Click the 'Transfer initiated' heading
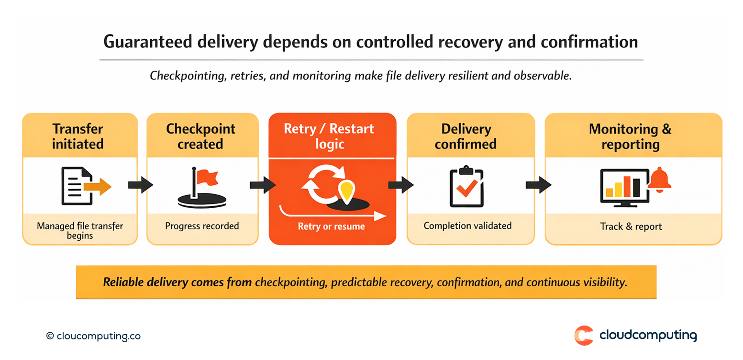click(78, 136)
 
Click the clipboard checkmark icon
click(466, 186)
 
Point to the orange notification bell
click(660, 180)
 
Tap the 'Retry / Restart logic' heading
click(329, 136)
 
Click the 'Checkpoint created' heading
click(201, 136)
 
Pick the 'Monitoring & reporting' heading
click(630, 136)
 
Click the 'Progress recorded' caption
click(202, 226)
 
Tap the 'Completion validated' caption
click(467, 225)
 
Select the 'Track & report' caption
click(631, 226)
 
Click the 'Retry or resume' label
click(331, 226)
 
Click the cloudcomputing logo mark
click(583, 335)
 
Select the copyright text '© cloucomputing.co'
click(93, 337)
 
